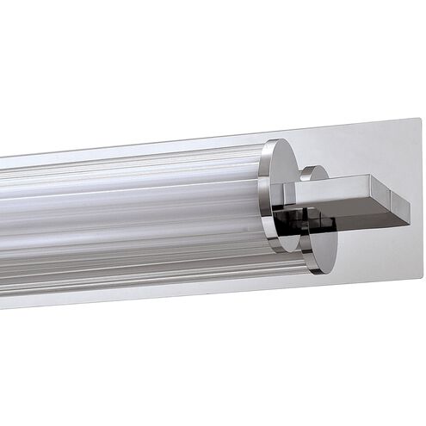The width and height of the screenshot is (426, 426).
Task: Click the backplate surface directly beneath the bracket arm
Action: coord(370,250)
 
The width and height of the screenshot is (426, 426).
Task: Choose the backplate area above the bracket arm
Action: coord(370,151)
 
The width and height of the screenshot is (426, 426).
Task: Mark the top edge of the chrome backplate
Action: coord(258,137)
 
